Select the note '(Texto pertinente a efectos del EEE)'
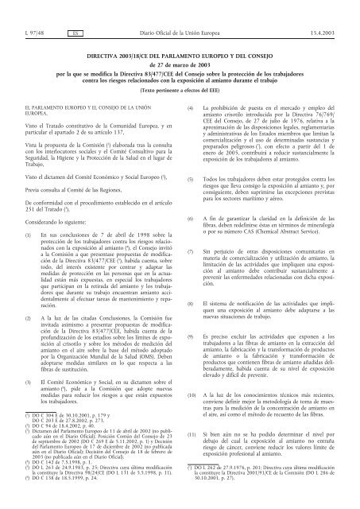coord(180,83)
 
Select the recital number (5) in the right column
coord(189,180)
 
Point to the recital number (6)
coord(189,217)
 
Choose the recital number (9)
coord(189,335)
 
